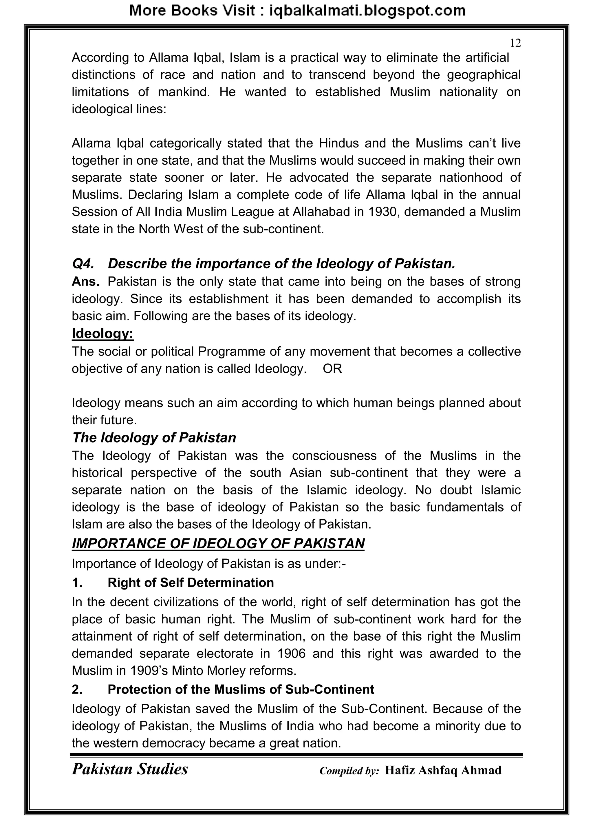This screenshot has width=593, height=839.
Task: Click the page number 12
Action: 515,43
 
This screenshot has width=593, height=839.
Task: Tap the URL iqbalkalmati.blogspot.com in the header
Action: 367,11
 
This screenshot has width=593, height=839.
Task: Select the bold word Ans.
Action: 85,281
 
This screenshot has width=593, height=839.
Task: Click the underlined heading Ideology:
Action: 103,333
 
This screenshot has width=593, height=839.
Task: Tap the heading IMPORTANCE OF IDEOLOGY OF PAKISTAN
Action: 218,543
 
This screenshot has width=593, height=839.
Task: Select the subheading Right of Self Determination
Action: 191,583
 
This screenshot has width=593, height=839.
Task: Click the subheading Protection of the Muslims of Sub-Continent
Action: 241,689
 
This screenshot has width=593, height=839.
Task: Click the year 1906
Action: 291,653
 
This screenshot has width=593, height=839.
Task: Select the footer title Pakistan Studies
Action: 130,769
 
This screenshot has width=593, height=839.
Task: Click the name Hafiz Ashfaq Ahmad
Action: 443,770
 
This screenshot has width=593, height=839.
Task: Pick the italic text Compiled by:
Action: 349,771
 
